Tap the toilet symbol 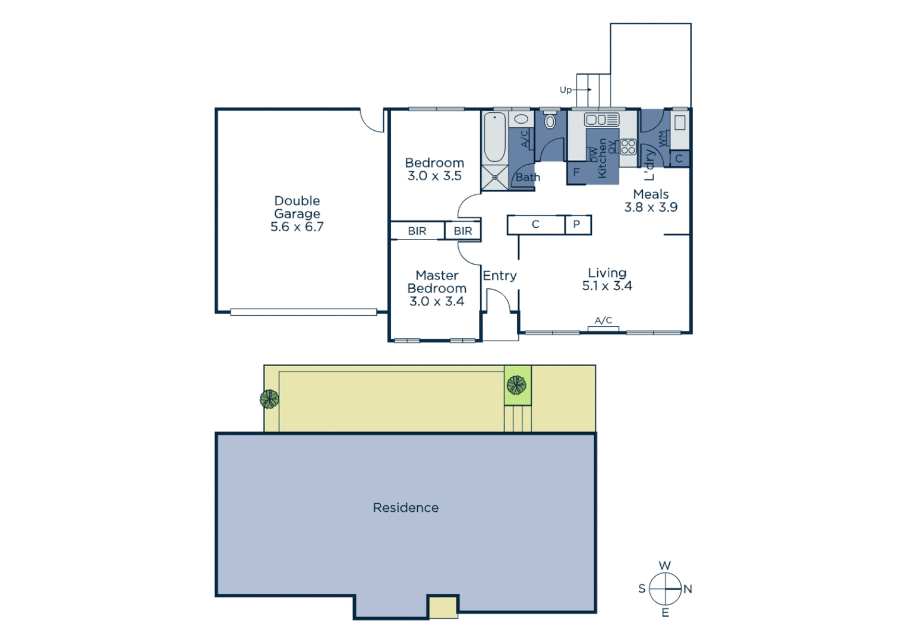550,121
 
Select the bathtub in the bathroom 494,137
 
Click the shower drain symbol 494,177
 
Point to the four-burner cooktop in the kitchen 628,146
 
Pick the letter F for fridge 576,172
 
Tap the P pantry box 576,225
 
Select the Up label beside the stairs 565,90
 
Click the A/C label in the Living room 603,320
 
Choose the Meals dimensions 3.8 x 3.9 651,207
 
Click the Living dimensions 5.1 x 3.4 607,286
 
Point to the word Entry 499,276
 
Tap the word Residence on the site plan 406,508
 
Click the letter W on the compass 664,565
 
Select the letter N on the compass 688,589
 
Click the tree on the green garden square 516,385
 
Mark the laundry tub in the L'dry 680,122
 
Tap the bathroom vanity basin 521,119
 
